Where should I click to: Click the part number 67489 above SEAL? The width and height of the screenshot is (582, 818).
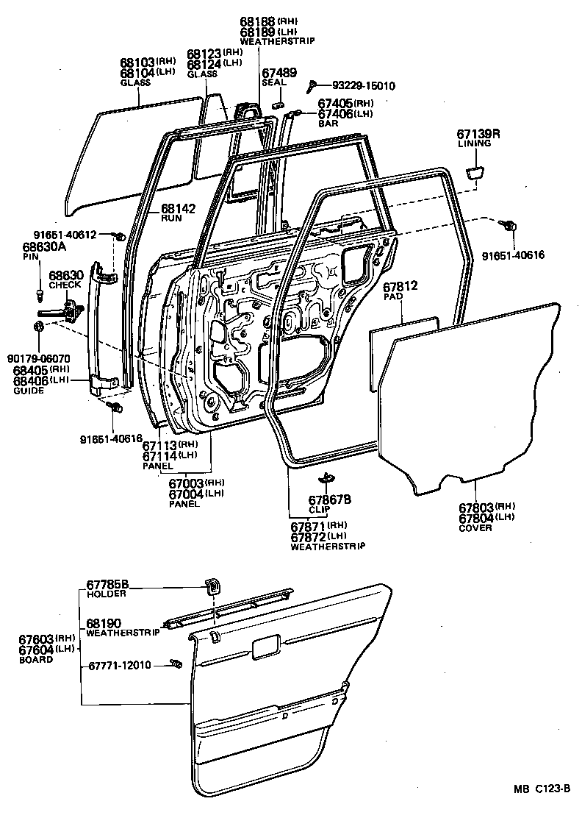(279, 72)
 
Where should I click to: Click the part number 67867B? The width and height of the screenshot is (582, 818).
(329, 500)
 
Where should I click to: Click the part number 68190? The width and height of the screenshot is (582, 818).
(104, 622)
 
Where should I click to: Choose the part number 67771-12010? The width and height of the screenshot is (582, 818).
(120, 665)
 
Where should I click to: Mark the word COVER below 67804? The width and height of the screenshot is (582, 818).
(475, 528)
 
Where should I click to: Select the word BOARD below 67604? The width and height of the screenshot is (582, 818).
(36, 660)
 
